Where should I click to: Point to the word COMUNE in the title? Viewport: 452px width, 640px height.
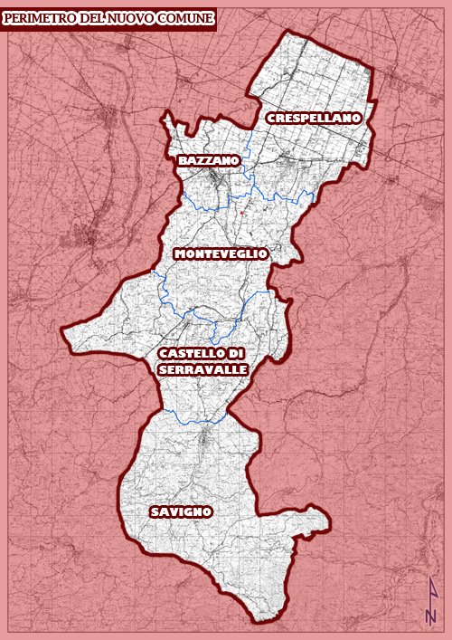[x=186, y=18]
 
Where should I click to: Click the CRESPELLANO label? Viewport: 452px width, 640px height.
[x=314, y=118]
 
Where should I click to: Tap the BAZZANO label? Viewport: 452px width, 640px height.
[x=209, y=160]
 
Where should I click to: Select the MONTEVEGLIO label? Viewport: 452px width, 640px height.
[x=221, y=253]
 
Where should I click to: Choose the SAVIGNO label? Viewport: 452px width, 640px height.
[x=181, y=512]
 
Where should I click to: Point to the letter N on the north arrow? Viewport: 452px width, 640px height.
[x=431, y=616]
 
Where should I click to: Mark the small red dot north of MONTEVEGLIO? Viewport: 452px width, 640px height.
[x=243, y=213]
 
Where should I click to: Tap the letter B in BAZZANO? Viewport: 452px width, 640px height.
[x=183, y=160]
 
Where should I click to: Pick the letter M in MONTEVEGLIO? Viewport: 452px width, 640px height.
[x=180, y=253]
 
